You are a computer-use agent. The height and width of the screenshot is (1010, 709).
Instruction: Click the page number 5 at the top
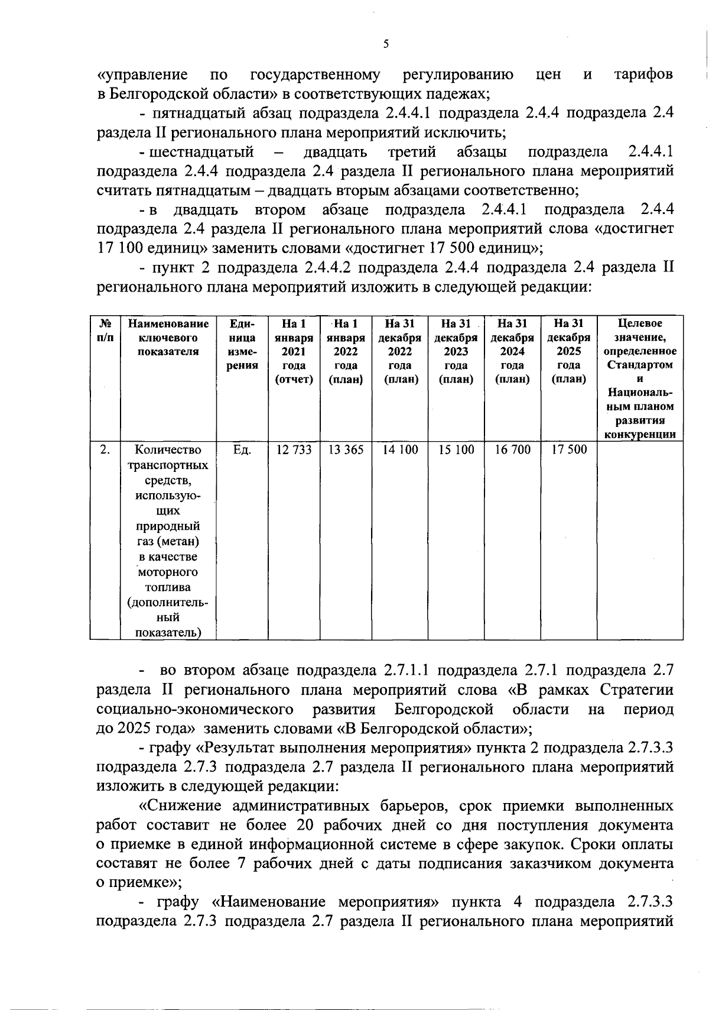pos(386,44)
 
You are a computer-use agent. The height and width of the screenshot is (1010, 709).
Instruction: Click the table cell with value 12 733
pos(294,450)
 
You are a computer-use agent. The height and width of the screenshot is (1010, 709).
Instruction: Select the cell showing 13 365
pos(346,450)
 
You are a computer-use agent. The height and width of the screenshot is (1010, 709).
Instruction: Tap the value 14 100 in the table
pos(400,450)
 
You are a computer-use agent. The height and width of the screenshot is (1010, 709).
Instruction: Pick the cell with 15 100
pos(456,450)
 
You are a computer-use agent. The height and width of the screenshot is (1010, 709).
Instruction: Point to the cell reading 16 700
pos(512,450)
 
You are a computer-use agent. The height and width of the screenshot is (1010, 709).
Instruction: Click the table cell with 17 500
pos(569,450)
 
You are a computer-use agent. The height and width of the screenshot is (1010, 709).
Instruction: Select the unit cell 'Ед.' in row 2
pos(242,450)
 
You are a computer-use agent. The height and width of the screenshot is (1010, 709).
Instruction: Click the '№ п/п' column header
pos(105,331)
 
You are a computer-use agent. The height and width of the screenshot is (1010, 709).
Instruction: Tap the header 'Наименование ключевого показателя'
pos(168,338)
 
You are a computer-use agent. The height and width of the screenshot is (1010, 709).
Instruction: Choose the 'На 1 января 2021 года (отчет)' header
pos(294,351)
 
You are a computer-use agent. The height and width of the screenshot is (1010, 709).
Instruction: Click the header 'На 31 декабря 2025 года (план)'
pos(568,351)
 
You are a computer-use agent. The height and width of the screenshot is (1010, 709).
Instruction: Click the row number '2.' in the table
pos(105,450)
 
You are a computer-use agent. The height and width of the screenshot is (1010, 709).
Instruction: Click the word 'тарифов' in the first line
pos(643,75)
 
